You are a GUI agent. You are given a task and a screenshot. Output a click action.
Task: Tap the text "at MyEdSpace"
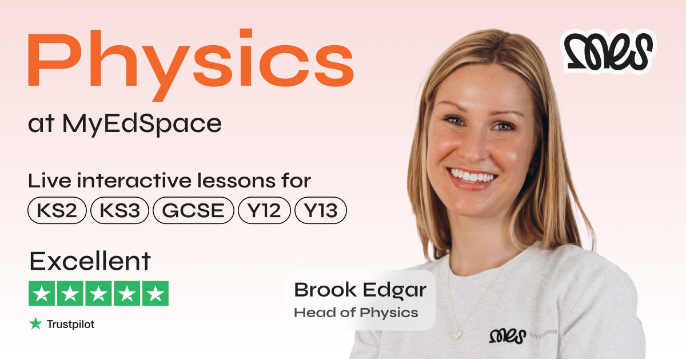tap(125, 125)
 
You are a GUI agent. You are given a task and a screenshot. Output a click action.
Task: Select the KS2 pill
tap(57, 211)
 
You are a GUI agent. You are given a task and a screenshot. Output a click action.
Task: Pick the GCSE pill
tap(193, 211)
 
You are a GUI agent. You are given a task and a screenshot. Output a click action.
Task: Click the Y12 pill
tap(264, 211)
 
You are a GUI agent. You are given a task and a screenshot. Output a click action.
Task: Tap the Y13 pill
tap(321, 211)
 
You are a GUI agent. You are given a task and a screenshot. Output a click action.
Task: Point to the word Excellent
tap(90, 262)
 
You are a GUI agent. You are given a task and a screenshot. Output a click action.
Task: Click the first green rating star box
tap(41, 294)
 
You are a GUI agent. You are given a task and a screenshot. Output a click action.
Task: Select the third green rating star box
tap(98, 294)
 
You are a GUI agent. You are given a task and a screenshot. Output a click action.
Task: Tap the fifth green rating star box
tap(155, 294)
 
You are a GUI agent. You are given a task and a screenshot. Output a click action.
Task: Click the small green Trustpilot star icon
tap(35, 324)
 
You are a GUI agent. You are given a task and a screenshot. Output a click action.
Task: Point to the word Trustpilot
tap(70, 325)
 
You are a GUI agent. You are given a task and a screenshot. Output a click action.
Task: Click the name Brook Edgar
tap(360, 290)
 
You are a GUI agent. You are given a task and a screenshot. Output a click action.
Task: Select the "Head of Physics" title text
tap(356, 313)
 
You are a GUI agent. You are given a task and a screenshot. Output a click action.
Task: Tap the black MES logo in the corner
tap(608, 51)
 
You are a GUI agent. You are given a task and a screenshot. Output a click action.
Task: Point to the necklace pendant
tap(458, 333)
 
